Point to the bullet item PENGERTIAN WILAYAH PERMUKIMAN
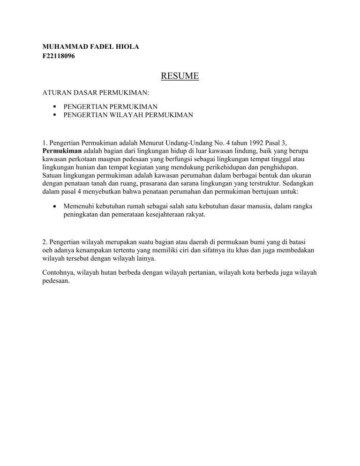click(x=128, y=114)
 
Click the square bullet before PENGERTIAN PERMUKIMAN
click(x=54, y=106)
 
